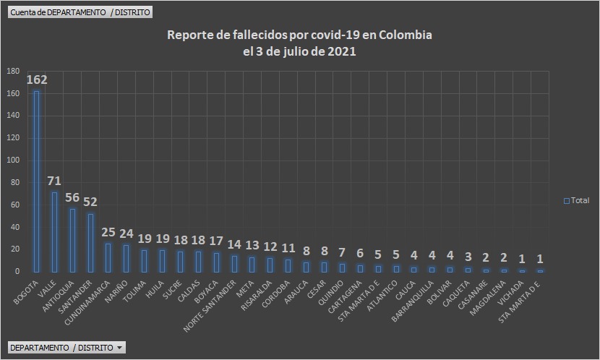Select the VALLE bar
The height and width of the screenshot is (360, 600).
(x=55, y=231)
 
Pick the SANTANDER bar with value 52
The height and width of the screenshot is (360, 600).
(x=90, y=242)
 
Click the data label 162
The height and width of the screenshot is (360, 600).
(x=37, y=80)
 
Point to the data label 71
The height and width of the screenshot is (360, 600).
(x=55, y=181)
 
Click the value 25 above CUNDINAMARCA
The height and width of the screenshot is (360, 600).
(x=108, y=232)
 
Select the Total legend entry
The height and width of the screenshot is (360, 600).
(x=576, y=200)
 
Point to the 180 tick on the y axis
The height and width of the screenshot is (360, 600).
(x=12, y=71)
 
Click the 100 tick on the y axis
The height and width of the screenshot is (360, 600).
(x=12, y=160)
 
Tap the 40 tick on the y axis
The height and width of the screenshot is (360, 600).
(x=14, y=227)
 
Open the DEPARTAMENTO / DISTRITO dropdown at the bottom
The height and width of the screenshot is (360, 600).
(x=67, y=348)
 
